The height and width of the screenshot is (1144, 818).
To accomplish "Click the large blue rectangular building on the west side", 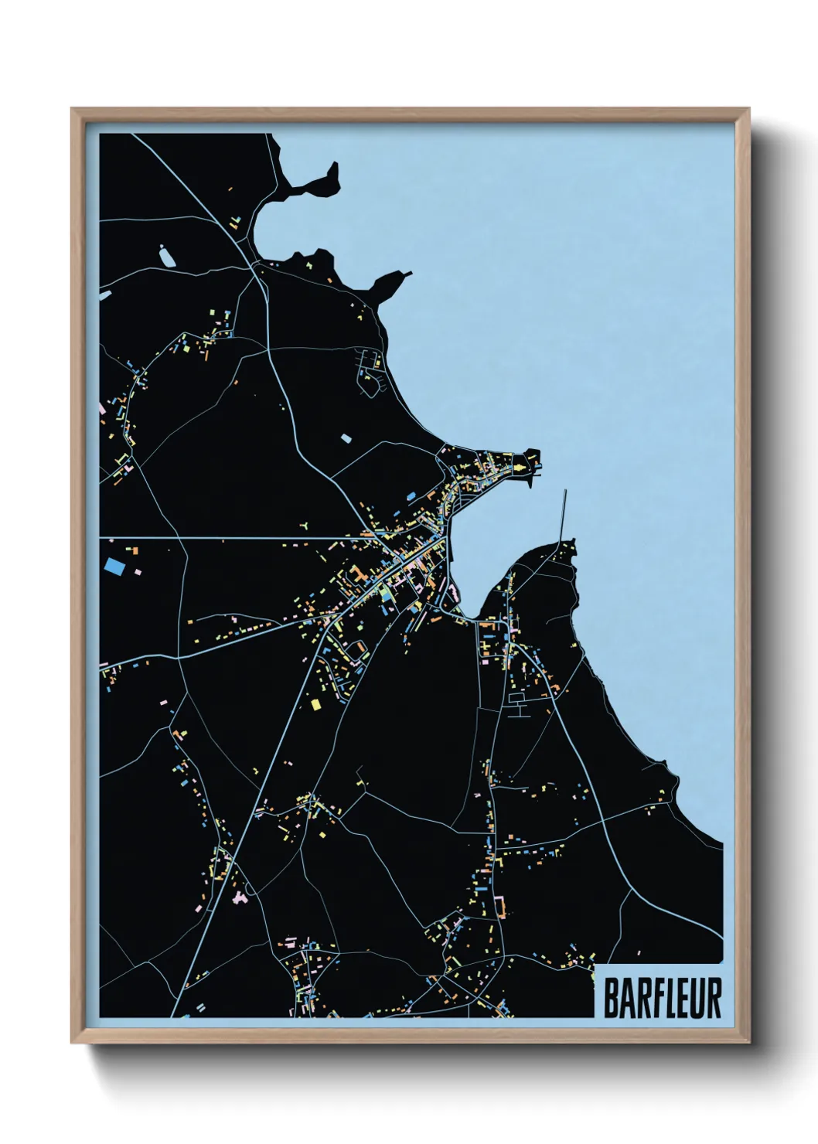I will click(114, 566).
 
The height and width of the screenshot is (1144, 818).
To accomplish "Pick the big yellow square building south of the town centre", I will click(315, 704).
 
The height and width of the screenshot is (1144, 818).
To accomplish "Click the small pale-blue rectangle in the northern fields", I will click(346, 438).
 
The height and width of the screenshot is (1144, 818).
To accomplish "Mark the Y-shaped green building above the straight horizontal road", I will click(305, 526).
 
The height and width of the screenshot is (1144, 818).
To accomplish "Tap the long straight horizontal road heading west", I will click(232, 538).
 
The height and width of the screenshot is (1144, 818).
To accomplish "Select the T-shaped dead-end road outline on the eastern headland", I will click(517, 704).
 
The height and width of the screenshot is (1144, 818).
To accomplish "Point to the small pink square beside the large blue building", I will click(138, 572).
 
